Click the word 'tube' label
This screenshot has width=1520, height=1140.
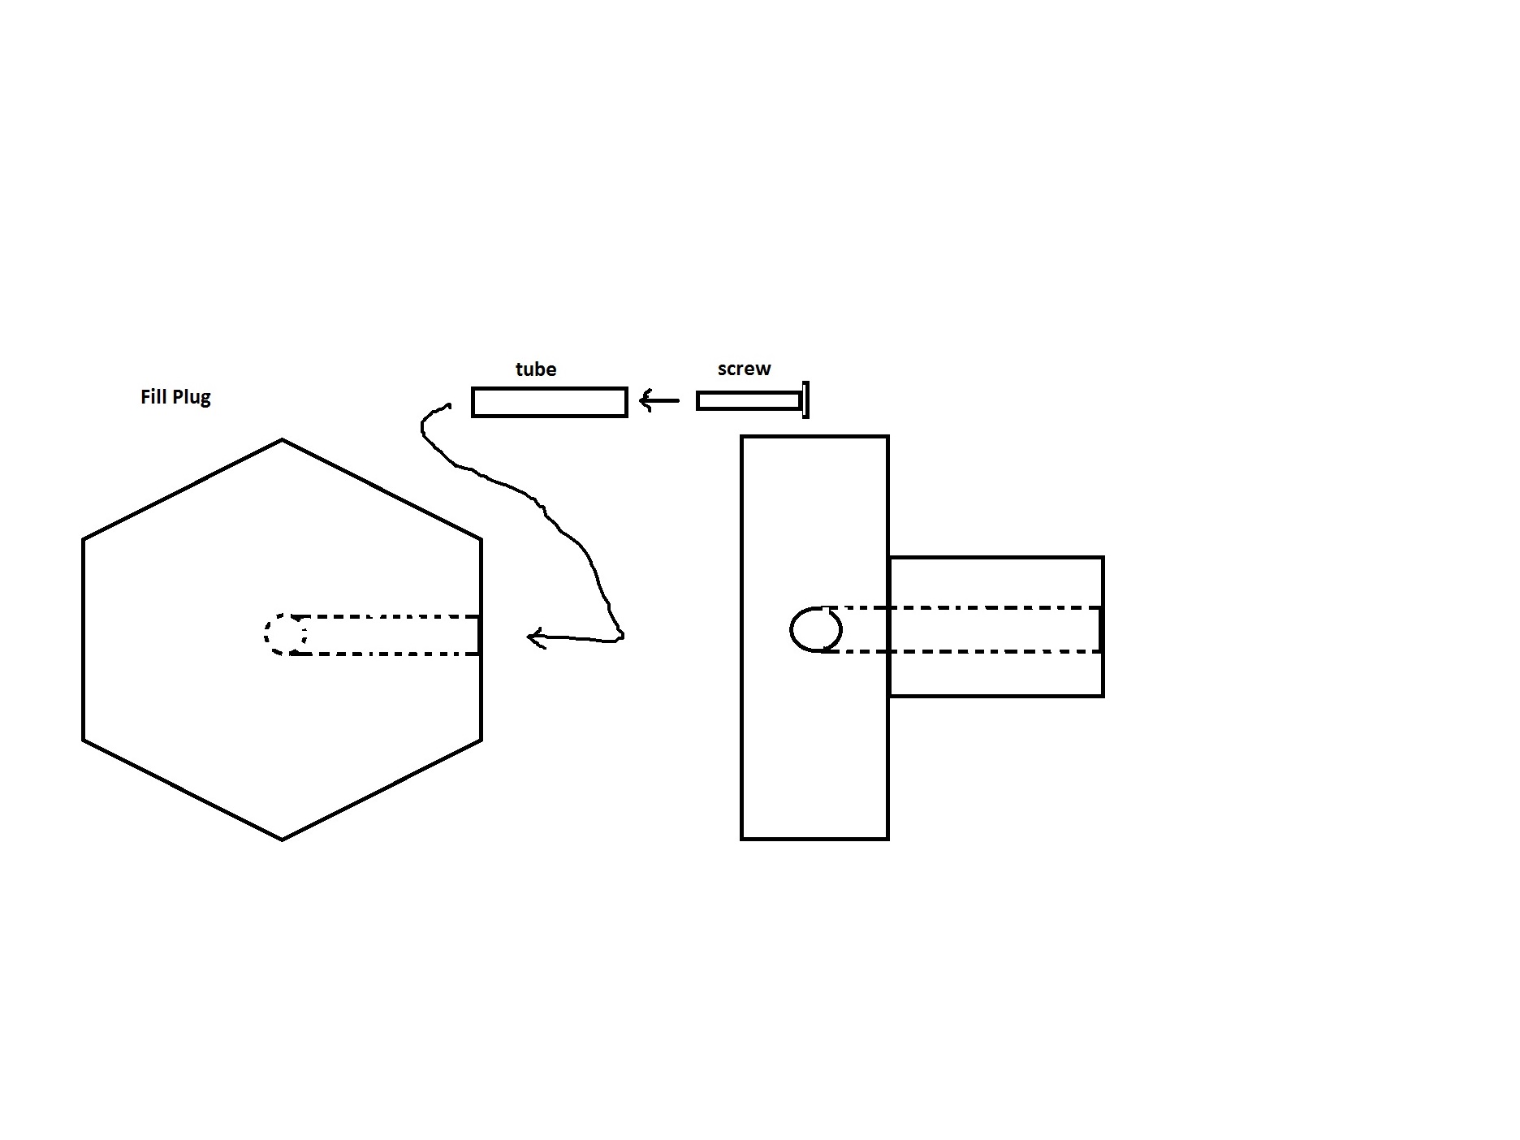point(536,369)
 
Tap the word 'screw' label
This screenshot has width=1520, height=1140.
point(744,369)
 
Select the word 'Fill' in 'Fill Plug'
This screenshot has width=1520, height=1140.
point(153,396)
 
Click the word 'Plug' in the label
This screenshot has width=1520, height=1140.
point(191,398)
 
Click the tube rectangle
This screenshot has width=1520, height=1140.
point(550,402)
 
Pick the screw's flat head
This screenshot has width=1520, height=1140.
point(805,399)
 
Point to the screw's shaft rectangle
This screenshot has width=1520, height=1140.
point(749,400)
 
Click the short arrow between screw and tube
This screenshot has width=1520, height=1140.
point(659,400)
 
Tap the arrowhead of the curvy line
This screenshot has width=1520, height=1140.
point(536,637)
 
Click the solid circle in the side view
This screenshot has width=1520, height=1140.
point(816,629)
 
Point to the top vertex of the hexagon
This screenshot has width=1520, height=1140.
point(283,440)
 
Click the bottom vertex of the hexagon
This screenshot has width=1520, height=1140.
point(283,840)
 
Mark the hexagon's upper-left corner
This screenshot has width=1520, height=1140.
point(84,538)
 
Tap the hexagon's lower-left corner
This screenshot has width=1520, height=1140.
point(84,740)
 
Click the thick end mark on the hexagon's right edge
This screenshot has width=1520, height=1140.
point(480,635)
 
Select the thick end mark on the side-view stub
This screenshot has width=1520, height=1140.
point(1100,629)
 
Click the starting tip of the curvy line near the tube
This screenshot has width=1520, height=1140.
point(450,404)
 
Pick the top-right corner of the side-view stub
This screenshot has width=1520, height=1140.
point(1103,558)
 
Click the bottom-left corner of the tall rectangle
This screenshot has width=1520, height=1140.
point(742,838)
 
